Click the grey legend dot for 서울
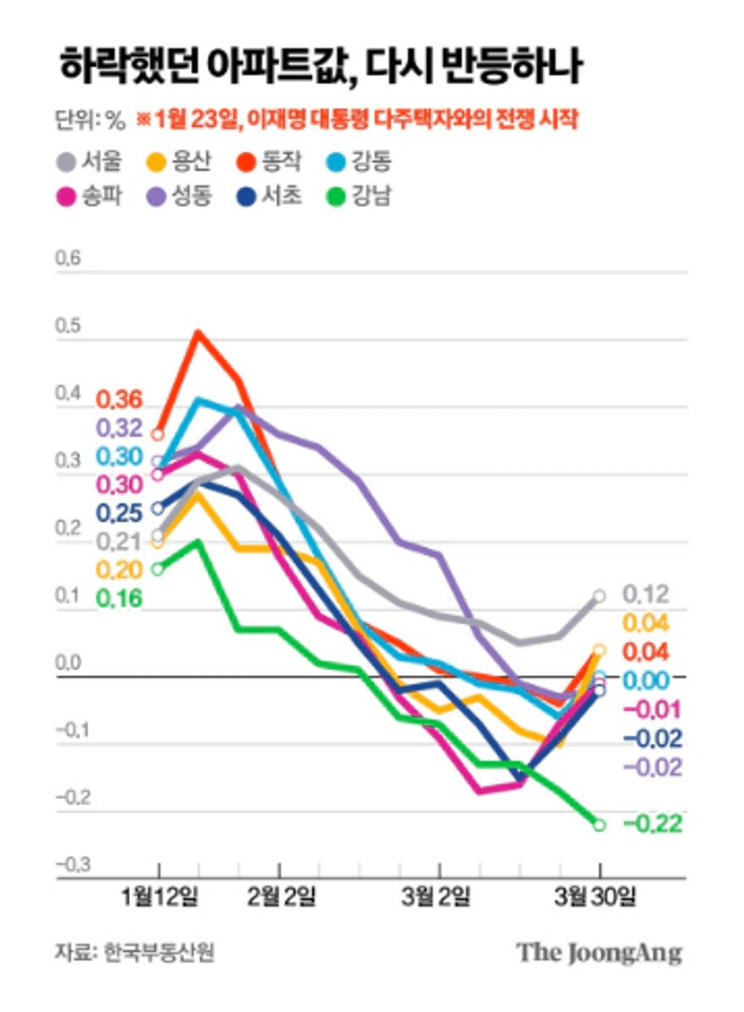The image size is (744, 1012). (x=67, y=163)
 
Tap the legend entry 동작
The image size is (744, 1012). (x=269, y=163)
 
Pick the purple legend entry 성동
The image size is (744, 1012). (x=182, y=195)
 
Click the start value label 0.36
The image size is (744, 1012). (x=120, y=399)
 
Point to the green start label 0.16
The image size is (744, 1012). (x=120, y=597)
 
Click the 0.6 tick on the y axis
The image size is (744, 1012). (x=68, y=260)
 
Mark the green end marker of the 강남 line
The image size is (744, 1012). (x=600, y=824)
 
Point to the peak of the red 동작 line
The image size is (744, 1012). (x=198, y=332)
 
